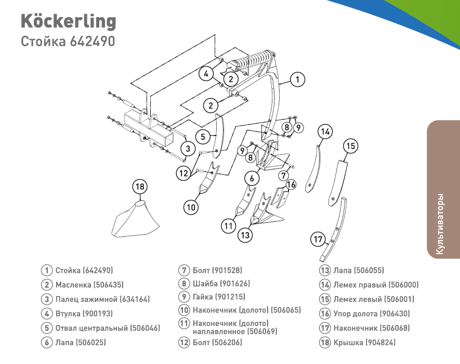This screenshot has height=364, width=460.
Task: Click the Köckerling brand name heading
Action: [x=68, y=21]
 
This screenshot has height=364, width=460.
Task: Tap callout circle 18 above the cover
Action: [x=139, y=186]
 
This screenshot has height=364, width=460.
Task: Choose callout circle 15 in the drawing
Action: [x=351, y=146]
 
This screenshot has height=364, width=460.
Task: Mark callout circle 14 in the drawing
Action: [x=325, y=132]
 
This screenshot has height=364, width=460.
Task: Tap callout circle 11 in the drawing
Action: [x=229, y=226]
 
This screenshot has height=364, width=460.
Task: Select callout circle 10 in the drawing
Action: [x=191, y=207]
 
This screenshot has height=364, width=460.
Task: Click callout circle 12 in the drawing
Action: [x=183, y=173]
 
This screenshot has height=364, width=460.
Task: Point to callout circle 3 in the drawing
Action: [x=189, y=149]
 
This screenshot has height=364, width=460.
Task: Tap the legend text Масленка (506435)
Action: [x=89, y=285]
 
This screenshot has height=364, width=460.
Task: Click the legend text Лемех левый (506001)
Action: [x=374, y=299]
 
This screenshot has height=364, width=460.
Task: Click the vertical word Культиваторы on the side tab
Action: [x=440, y=224]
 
